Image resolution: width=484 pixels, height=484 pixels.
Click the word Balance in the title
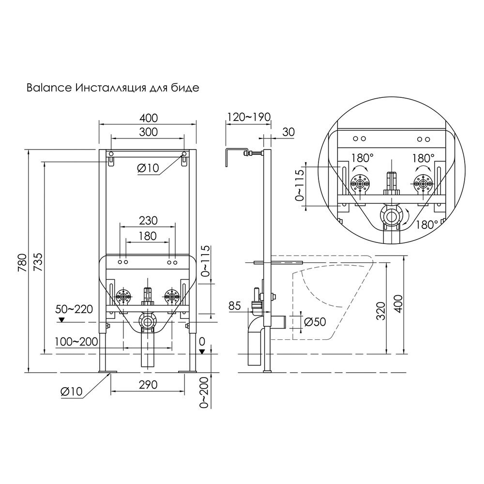click(49, 88)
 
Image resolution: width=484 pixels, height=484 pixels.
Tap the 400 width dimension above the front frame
click(149, 118)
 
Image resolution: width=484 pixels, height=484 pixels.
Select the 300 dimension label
click(149, 132)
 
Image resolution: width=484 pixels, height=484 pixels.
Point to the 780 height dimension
click(22, 262)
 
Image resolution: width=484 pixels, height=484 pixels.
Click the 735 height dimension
click(38, 262)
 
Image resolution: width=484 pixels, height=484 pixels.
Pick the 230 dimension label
click(148, 221)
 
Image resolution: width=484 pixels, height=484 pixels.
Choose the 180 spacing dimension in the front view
click(148, 236)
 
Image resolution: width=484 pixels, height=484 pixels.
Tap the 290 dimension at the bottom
click(148, 385)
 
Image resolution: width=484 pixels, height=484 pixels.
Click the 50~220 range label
click(75, 309)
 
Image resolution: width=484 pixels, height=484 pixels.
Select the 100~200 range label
click(76, 342)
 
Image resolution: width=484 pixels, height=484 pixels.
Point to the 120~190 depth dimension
click(249, 117)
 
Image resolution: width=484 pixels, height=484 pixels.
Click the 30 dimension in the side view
click(288, 132)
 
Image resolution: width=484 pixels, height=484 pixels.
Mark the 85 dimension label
click(235, 306)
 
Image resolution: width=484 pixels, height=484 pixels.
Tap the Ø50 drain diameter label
click(315, 322)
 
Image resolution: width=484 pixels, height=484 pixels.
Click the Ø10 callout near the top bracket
click(148, 168)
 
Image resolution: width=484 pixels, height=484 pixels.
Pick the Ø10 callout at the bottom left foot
click(72, 392)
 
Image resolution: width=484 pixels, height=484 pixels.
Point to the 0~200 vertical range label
click(204, 393)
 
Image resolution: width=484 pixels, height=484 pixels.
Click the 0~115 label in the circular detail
click(300, 185)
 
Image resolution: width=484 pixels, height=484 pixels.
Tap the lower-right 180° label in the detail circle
click(426, 225)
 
